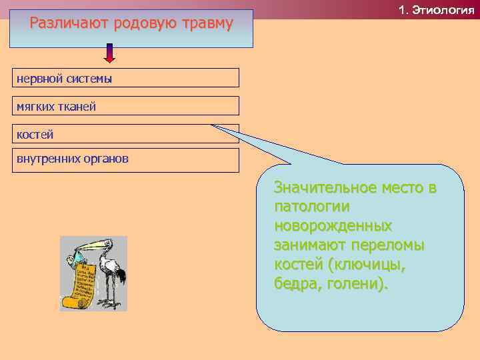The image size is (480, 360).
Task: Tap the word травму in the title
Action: [203, 24]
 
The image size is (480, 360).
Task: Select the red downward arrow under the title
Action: [110, 54]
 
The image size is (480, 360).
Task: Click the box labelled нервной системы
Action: [127, 78]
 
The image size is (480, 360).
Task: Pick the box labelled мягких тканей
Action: [127, 106]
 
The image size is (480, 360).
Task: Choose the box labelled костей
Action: [127, 134]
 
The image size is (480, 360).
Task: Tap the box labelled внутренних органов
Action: [127, 159]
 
